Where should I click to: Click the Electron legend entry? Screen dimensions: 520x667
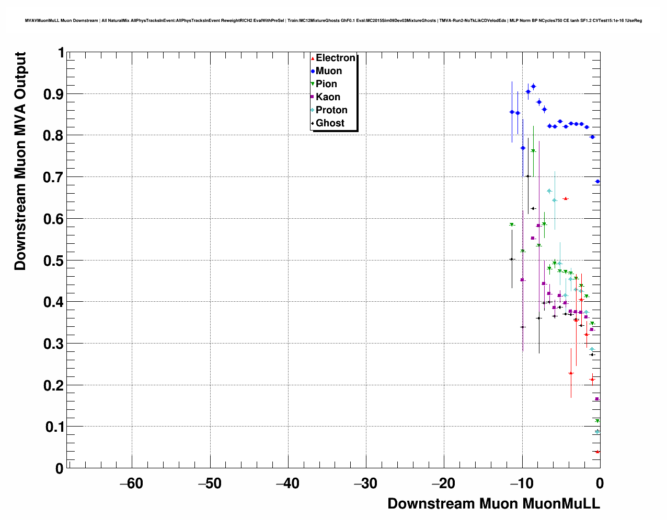coord(335,58)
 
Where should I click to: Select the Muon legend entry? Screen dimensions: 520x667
coord(328,71)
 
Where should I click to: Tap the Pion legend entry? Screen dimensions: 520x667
coord(326,84)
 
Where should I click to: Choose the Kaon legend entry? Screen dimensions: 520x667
coord(328,97)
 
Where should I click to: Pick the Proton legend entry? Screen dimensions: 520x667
coord(331,110)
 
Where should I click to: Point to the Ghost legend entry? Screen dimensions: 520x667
coord(330,123)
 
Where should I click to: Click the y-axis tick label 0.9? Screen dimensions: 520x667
coord(54,94)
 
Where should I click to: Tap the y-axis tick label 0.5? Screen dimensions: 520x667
coord(54,261)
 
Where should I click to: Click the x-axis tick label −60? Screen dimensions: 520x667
coord(131,483)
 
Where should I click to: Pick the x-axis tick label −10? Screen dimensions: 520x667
coord(521,483)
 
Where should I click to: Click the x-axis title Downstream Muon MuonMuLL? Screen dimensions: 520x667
coord(493,503)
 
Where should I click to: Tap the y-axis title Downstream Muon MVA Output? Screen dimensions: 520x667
coord(20,161)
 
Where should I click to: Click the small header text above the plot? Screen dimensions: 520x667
coord(333,20)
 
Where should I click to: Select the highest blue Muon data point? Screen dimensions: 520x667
coord(533,86)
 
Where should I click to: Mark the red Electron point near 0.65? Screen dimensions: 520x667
coord(565,199)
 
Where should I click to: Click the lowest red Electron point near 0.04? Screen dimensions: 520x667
coord(597,452)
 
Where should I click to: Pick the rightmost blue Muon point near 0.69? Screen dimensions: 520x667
coord(597,182)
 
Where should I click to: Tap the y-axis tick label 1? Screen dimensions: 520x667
coord(61,53)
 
